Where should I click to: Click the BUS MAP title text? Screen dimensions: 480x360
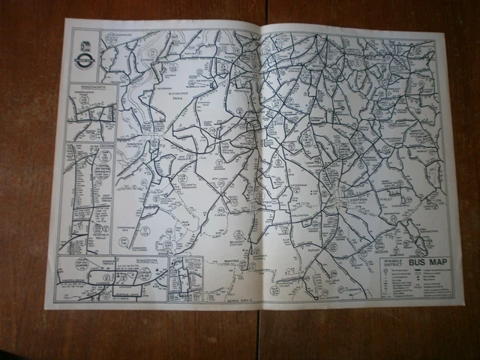point(429,265)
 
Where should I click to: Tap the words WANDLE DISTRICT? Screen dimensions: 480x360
point(394,265)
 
